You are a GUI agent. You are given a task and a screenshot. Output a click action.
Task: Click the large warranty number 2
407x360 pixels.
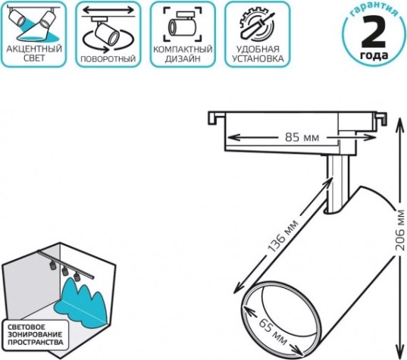pos(374,31)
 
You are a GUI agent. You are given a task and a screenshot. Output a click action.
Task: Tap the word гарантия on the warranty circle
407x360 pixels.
pos(373,10)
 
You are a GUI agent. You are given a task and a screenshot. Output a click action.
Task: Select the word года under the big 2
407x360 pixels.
pos(374,55)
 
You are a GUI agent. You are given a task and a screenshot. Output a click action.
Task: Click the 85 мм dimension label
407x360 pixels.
pos(302,137)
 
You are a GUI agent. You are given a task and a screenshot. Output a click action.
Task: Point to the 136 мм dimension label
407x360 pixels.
pos(283,236)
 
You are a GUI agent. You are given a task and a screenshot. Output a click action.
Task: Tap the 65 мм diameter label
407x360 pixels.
pos(274,331)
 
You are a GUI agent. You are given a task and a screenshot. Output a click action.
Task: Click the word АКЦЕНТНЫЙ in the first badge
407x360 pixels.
pos(34,49)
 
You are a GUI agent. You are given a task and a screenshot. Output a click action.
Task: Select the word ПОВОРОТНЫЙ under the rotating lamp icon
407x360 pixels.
pos(108,59)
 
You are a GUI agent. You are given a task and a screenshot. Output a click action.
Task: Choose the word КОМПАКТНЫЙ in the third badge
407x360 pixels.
pos(183,49)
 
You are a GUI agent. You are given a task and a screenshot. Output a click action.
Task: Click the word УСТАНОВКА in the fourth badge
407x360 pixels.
pos(258,58)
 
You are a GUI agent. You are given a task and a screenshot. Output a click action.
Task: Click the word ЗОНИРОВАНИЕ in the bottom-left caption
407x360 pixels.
pos(35,334)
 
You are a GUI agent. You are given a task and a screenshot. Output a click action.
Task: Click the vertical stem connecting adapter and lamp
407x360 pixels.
pos(337,183)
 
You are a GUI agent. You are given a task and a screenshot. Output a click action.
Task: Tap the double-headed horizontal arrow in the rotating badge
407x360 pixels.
pos(108,11)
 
